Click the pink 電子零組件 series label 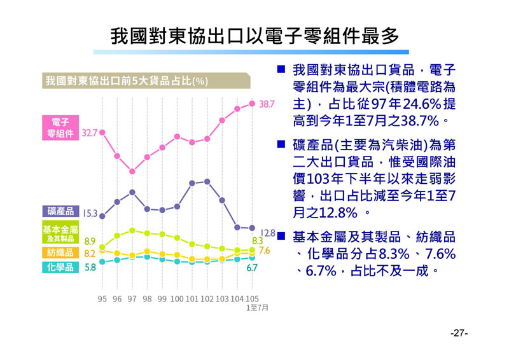60,127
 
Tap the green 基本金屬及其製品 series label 60,233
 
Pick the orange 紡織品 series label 60,253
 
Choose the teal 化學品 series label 60,268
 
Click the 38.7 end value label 267,103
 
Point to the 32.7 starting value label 89,133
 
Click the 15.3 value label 89,214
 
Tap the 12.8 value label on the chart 268,233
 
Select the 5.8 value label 90,268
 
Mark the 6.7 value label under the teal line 252,268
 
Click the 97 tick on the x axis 132,298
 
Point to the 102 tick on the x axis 207,298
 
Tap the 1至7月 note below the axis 257,307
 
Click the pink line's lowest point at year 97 132,171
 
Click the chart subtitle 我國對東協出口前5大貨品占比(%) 127,81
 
